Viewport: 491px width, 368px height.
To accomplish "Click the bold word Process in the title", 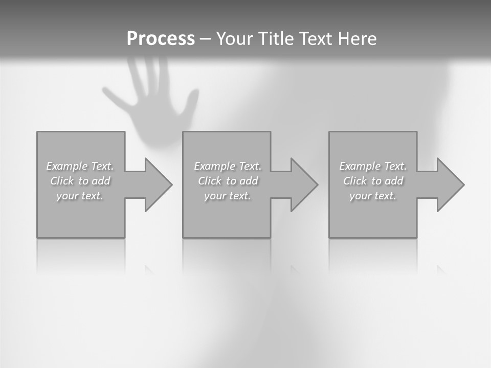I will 161,39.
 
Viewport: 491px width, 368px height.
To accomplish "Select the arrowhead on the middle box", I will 303,185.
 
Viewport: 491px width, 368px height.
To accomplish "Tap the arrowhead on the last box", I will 450,185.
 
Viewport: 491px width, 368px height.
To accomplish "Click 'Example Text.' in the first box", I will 80,166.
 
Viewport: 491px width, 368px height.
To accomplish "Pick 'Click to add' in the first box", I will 80,181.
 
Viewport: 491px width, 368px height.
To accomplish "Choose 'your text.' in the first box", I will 80,196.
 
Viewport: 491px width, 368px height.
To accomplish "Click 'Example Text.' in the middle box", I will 228,166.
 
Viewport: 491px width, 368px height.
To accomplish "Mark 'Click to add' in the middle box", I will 228,181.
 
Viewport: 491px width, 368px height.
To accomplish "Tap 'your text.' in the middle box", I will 228,196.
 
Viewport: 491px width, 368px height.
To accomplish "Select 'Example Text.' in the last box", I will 373,166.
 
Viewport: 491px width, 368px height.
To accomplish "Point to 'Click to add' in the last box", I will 373,181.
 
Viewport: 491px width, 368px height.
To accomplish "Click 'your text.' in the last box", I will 373,196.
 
